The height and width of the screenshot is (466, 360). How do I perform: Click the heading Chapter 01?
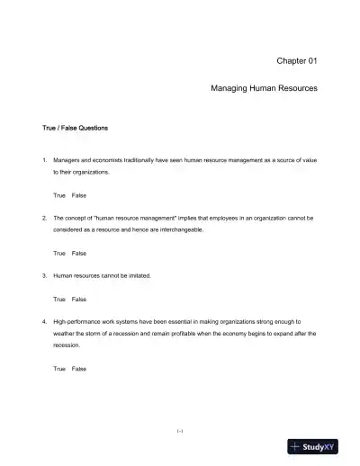pos(300,60)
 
